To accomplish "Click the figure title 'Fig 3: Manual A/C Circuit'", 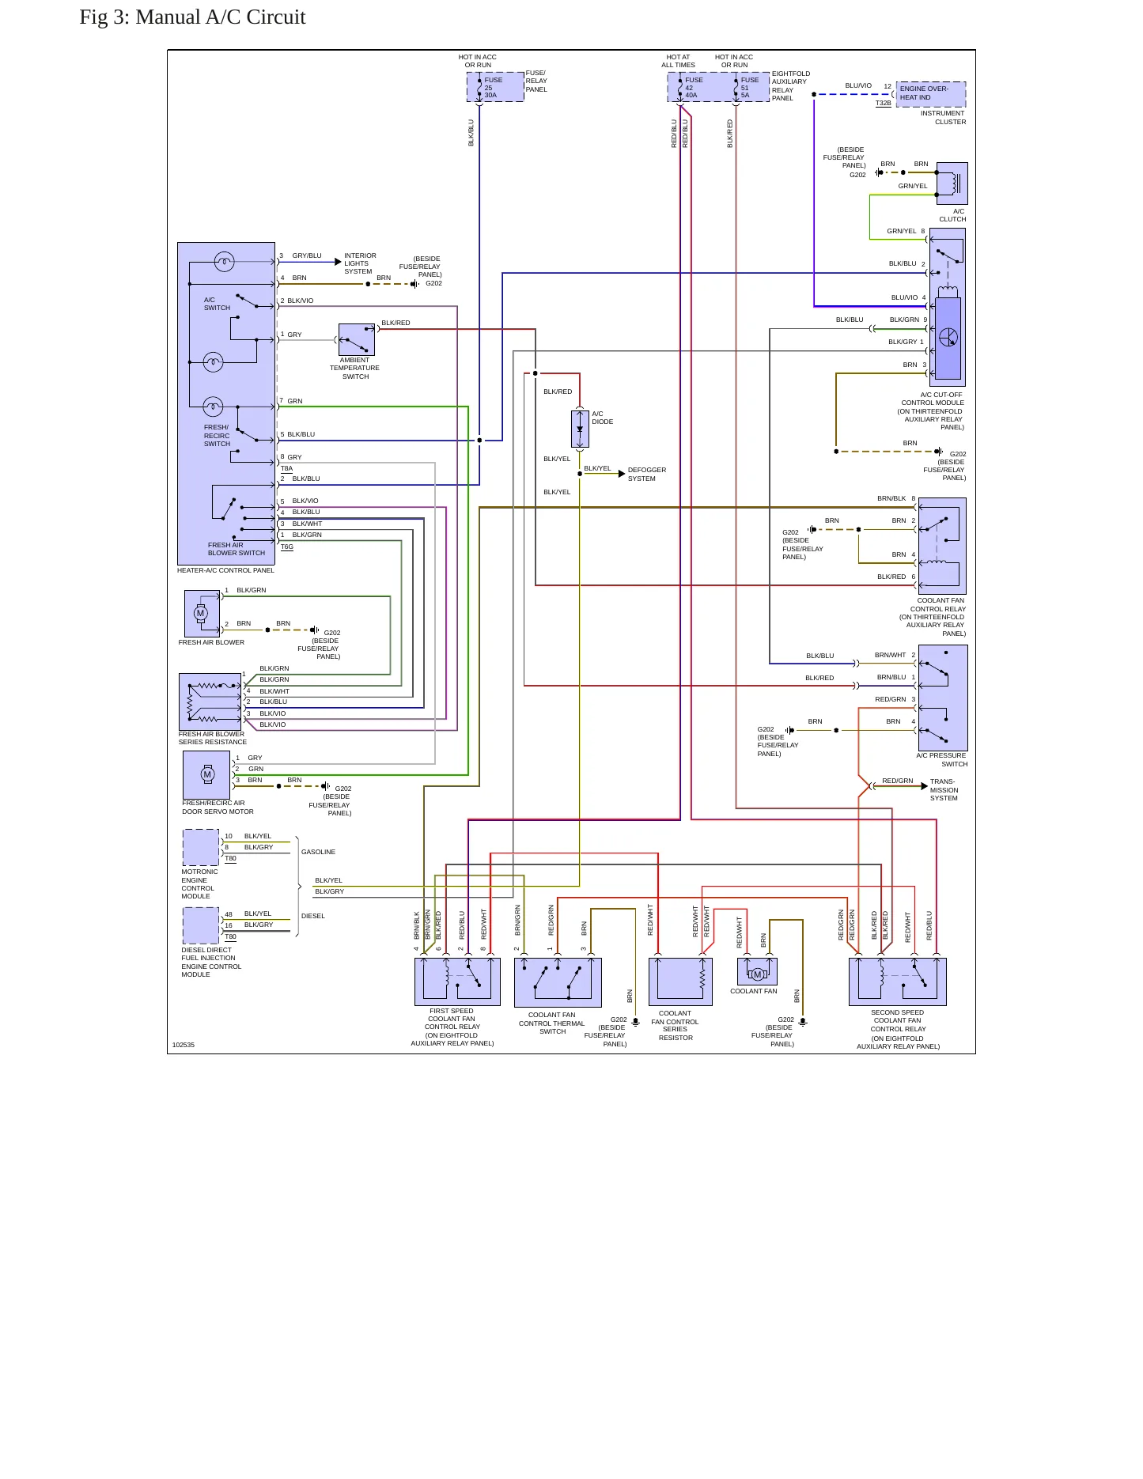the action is pyautogui.click(x=192, y=17).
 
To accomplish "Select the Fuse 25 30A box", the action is pyautogui.click(x=495, y=87).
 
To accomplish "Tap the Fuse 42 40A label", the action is pyautogui.click(x=693, y=87).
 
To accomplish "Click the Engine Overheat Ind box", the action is pyautogui.click(x=931, y=94).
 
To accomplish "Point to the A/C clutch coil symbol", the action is pyautogui.click(x=952, y=183).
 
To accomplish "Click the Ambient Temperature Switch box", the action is pyautogui.click(x=357, y=339).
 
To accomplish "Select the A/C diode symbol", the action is pyautogui.click(x=580, y=429).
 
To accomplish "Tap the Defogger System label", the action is pyautogui.click(x=646, y=474).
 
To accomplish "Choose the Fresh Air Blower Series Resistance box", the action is pyautogui.click(x=210, y=702).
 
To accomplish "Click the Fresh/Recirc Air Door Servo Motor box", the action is pyautogui.click(x=206, y=775).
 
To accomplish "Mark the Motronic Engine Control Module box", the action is pyautogui.click(x=201, y=847).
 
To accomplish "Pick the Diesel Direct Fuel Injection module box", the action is pyautogui.click(x=201, y=925).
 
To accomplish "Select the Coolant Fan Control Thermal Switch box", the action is pyautogui.click(x=558, y=982).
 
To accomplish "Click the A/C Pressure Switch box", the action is pyautogui.click(x=943, y=698).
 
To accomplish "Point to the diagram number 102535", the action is pyautogui.click(x=184, y=1045).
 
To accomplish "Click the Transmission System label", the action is pyautogui.click(x=944, y=790).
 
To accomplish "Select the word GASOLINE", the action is pyautogui.click(x=318, y=852).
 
